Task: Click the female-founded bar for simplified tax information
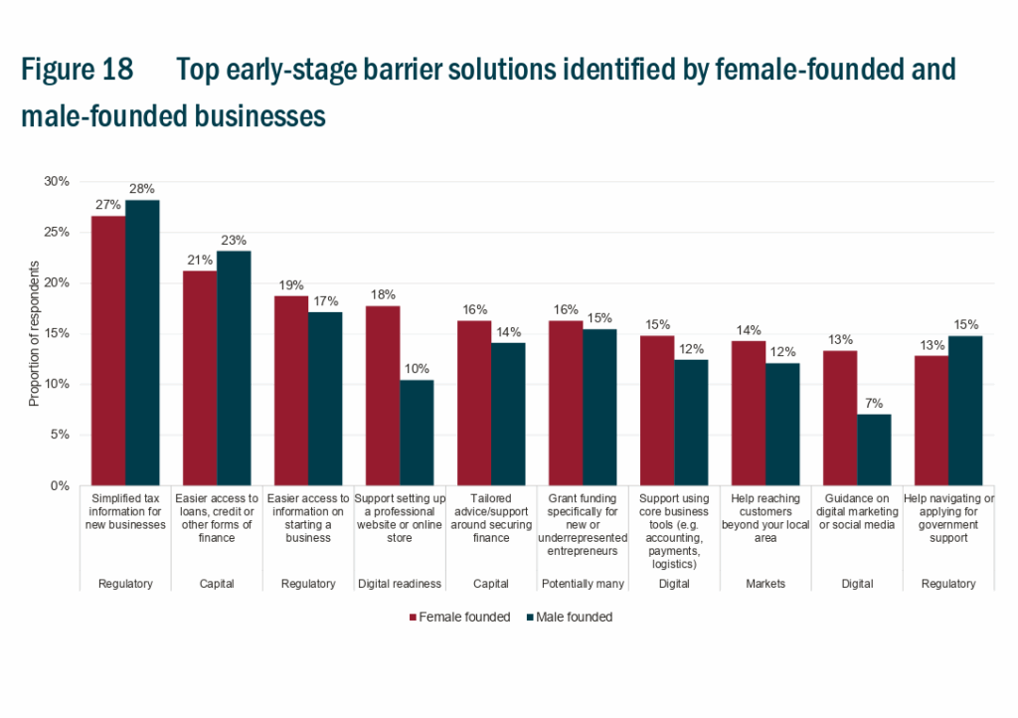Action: pos(108,350)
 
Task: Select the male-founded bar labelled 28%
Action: pos(142,342)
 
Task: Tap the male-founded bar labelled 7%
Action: pos(874,449)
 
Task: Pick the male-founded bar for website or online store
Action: pos(417,433)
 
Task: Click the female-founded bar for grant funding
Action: pos(566,403)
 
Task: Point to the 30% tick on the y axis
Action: pos(56,181)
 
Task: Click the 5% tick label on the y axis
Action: pos(59,435)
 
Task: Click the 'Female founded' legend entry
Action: pos(458,617)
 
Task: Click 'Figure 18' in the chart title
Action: pos(77,71)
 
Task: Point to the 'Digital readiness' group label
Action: pos(400,584)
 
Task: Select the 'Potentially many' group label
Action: pos(583,584)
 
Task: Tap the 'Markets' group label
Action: pos(765,584)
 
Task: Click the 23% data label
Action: pos(235,240)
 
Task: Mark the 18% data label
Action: pos(383,294)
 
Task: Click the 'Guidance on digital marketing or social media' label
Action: pos(857,511)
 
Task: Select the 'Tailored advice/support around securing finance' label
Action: pos(491,518)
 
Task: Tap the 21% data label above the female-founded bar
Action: pos(200,260)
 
